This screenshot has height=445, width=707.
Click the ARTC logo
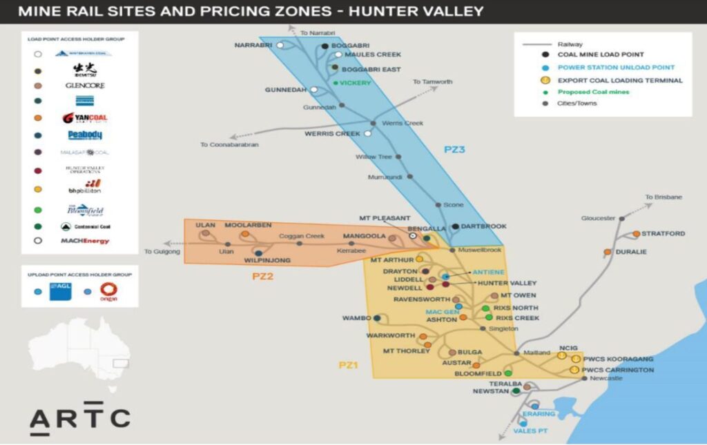click(x=79, y=418)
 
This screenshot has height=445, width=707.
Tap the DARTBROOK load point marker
click(x=455, y=226)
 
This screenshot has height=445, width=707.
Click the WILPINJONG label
click(x=268, y=261)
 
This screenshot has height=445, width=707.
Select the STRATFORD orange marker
click(x=636, y=234)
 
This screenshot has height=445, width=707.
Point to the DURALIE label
click(x=631, y=252)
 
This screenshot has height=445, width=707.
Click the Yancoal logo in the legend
click(x=85, y=118)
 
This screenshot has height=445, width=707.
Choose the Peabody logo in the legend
click(x=85, y=135)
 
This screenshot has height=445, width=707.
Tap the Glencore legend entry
click(x=85, y=86)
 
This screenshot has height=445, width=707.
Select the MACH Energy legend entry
click(x=85, y=241)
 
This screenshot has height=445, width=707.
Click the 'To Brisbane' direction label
click(x=664, y=197)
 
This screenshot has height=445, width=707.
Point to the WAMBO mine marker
click(x=377, y=318)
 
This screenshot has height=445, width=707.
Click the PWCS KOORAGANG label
click(x=618, y=359)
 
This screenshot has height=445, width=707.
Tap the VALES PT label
click(x=530, y=431)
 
